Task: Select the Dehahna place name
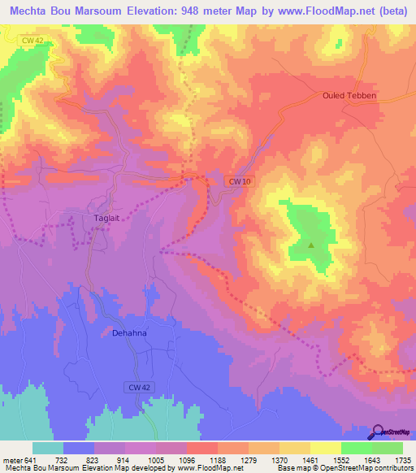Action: coord(128,332)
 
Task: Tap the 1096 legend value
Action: coord(201,460)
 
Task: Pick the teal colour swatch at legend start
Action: coord(48,448)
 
